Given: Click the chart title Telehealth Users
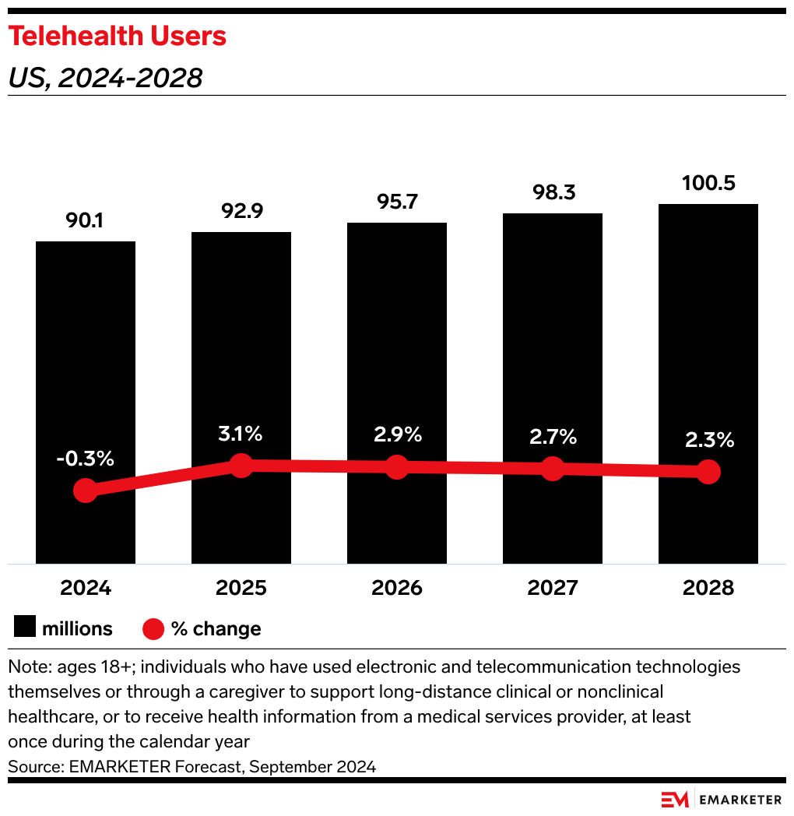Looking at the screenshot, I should click(x=117, y=37).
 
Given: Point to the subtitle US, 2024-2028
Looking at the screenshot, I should click(x=105, y=78).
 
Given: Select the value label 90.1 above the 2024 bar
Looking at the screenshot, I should click(x=86, y=221).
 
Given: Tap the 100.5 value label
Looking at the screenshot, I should click(x=708, y=184).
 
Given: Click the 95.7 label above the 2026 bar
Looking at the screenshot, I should click(x=397, y=202).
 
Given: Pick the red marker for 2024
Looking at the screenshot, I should click(x=86, y=491).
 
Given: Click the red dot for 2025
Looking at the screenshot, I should click(x=241, y=466).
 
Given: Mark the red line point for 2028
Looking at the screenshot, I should click(x=708, y=471).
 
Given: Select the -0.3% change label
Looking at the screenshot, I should click(x=86, y=459).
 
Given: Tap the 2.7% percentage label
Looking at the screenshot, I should click(x=552, y=437).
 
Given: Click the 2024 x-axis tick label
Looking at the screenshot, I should click(x=86, y=588).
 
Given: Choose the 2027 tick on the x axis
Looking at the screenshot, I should click(x=552, y=588).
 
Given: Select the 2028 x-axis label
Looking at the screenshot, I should click(x=708, y=588).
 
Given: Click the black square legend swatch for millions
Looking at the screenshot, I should click(x=25, y=628).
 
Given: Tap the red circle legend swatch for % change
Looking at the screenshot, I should click(x=154, y=628).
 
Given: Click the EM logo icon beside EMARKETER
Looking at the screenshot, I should click(x=674, y=800).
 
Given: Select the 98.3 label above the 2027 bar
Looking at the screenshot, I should click(x=552, y=193).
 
